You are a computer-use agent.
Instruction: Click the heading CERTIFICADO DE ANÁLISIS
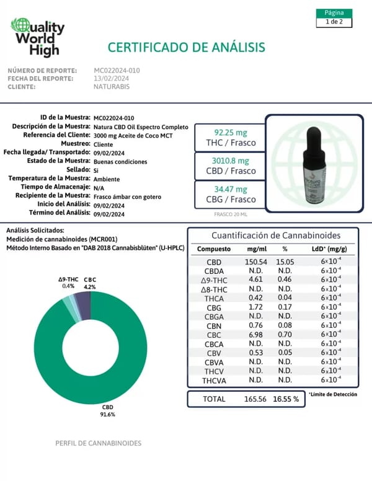[x=187, y=47]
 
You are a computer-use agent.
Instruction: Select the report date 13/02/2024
[x=112, y=79]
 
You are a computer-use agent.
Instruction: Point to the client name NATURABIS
[x=112, y=87]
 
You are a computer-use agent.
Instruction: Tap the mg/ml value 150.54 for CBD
[x=255, y=262]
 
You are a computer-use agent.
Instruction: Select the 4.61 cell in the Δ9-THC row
[x=255, y=280]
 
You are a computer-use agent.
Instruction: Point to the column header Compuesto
[x=213, y=249]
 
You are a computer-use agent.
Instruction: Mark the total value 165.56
[x=255, y=399]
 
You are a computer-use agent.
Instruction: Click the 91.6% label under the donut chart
[x=108, y=413]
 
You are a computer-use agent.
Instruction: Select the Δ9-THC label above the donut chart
[x=68, y=280]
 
